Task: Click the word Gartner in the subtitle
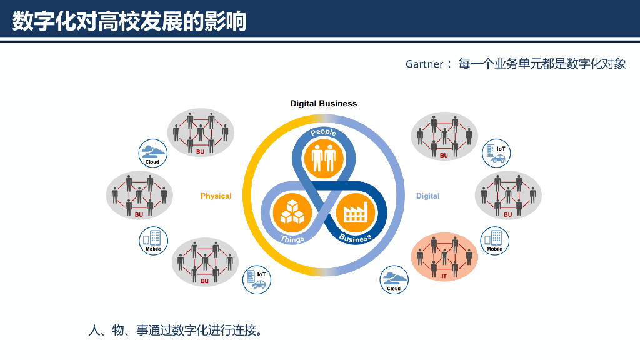424,64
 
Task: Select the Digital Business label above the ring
323,103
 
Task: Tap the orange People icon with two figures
324,157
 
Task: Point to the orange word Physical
216,196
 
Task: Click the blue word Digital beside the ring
427,196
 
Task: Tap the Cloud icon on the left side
152,153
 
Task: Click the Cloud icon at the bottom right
394,279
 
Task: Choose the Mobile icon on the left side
153,241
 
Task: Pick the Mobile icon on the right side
494,241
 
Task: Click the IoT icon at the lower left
257,279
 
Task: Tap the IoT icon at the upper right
497,152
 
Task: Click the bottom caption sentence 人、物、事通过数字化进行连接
174,329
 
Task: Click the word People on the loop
323,132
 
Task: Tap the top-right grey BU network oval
444,135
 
